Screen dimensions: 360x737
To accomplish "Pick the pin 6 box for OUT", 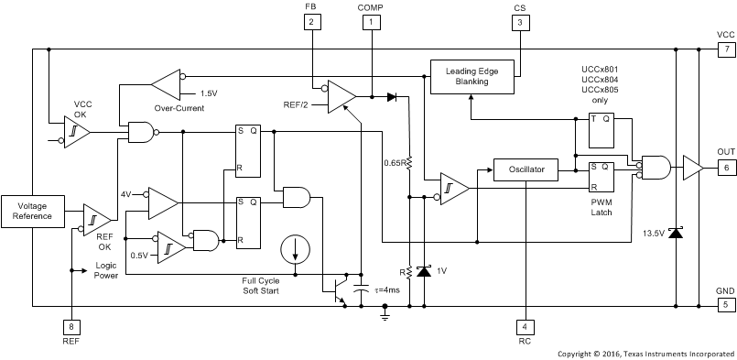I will [x=724, y=168].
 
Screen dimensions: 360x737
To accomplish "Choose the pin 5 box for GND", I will [x=724, y=304].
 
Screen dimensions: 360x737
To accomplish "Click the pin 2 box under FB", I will [x=312, y=21].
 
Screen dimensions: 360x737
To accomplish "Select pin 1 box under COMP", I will [x=370, y=21].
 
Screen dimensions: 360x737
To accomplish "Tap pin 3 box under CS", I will [x=519, y=21].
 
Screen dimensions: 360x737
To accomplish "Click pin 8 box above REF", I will [x=70, y=325].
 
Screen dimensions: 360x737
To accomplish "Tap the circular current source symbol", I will [x=296, y=247].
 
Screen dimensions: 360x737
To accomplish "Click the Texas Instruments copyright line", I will [x=645, y=352].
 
